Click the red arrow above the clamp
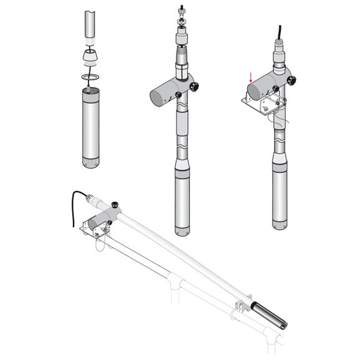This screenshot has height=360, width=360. pos(250,78)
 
